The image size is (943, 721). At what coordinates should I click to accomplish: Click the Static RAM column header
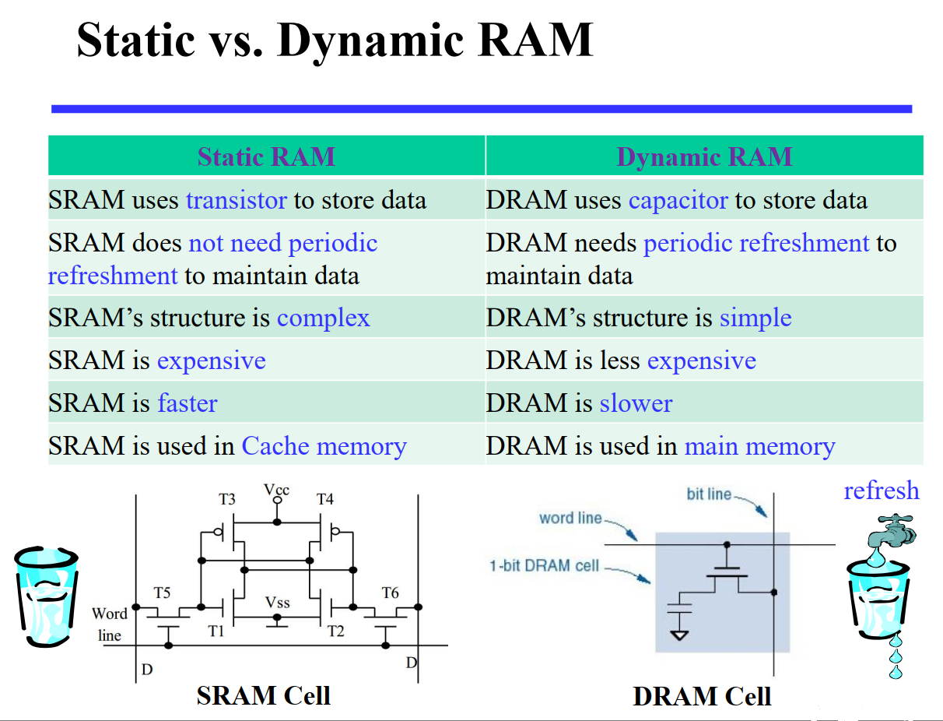(266, 157)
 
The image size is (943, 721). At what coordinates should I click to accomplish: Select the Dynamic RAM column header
(704, 157)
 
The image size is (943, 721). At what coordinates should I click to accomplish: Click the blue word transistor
(237, 200)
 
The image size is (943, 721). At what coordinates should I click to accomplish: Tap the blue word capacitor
(678, 201)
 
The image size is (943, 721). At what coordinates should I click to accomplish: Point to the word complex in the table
(323, 318)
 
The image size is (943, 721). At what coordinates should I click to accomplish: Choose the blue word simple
(755, 318)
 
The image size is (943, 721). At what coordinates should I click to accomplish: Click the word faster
(188, 403)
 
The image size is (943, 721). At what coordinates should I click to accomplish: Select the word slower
(636, 403)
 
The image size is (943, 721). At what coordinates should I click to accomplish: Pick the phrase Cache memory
(324, 446)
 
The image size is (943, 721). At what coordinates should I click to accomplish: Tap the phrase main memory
(759, 446)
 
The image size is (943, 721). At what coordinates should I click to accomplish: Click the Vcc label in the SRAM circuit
(277, 490)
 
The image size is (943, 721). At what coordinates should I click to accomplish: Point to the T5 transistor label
(162, 593)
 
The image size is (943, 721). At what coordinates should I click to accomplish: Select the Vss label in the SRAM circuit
(277, 603)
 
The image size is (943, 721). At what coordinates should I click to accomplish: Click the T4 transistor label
(324, 499)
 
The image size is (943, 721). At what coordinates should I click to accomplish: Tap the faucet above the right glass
(892, 531)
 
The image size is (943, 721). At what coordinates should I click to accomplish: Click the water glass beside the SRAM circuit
(47, 596)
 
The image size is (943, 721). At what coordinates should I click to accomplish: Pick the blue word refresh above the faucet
(881, 491)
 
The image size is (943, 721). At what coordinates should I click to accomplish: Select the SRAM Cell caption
(263, 695)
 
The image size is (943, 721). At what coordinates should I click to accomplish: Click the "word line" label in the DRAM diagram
(570, 518)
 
